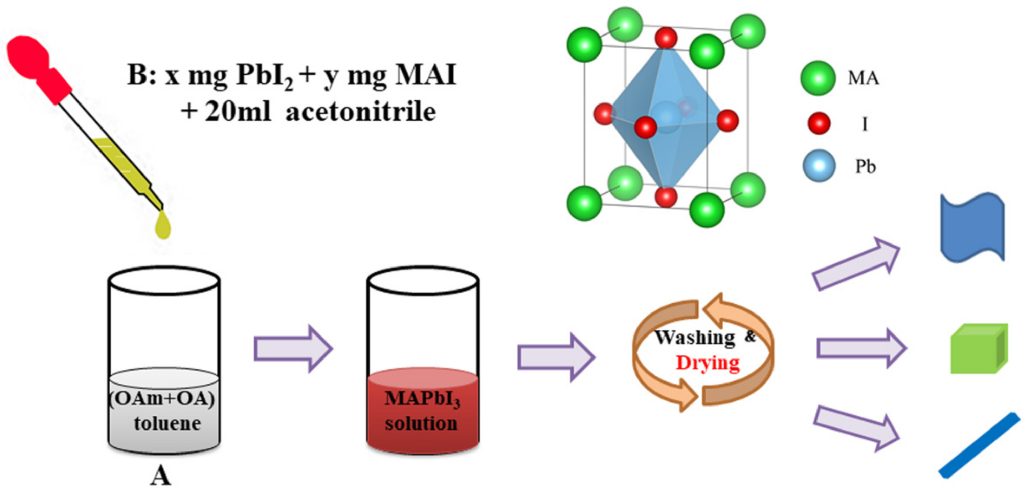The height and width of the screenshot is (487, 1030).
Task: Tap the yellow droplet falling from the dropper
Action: pos(163,227)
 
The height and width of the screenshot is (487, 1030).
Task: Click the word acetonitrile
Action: pos(360,112)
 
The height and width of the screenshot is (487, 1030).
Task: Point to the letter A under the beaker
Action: pos(160,476)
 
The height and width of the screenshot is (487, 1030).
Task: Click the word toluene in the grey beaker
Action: pos(167,423)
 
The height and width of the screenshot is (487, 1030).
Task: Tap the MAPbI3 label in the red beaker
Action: pos(422,399)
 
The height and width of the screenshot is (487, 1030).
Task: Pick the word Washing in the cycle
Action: pos(695,338)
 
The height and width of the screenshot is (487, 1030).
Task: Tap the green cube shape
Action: pos(979,349)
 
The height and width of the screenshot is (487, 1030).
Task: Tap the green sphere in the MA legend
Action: pos(818,78)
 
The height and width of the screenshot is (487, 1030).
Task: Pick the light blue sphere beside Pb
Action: pos(819,166)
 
